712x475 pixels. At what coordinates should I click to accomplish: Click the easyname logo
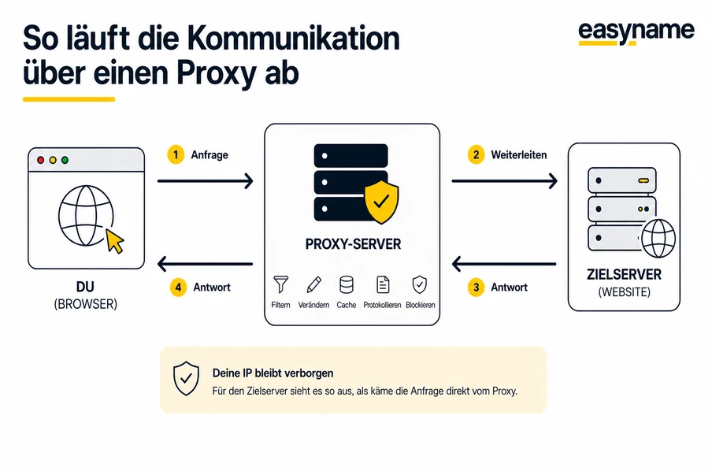pos(636,32)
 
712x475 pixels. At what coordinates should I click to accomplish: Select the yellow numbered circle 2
pos(476,155)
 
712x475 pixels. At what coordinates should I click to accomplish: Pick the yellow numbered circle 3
pos(476,288)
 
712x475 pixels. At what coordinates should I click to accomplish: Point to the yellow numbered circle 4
pos(178,288)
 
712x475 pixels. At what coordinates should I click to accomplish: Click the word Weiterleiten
pos(518,155)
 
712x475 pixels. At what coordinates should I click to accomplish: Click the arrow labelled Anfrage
pos(206,181)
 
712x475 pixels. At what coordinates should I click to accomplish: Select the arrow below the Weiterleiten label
pos(504,181)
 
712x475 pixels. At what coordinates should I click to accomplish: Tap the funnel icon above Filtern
pos(280,284)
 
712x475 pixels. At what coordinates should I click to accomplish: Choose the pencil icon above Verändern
pos(313,284)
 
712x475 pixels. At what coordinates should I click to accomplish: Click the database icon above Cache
pos(346,284)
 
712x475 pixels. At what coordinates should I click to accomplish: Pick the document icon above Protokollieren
pos(383,284)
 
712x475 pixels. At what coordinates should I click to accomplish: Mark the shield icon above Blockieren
pos(420,284)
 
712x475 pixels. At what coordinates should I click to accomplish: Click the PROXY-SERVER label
pos(352,245)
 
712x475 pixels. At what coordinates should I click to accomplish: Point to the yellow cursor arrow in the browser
pos(115,241)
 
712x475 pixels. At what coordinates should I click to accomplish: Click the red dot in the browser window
pos(40,160)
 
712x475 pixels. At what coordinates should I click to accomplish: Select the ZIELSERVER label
pos(622,276)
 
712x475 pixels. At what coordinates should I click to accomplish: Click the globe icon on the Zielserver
pos(658,238)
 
